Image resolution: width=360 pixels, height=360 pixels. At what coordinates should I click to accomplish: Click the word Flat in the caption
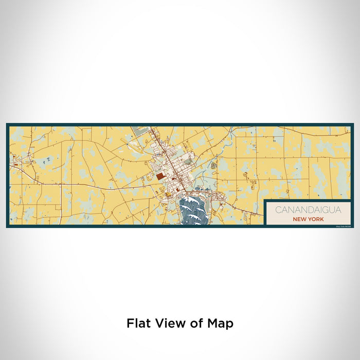tap(138, 323)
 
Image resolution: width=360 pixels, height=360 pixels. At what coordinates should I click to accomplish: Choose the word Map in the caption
tap(220, 323)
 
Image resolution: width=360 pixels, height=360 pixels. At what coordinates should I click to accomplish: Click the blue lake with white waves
tap(194, 211)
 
